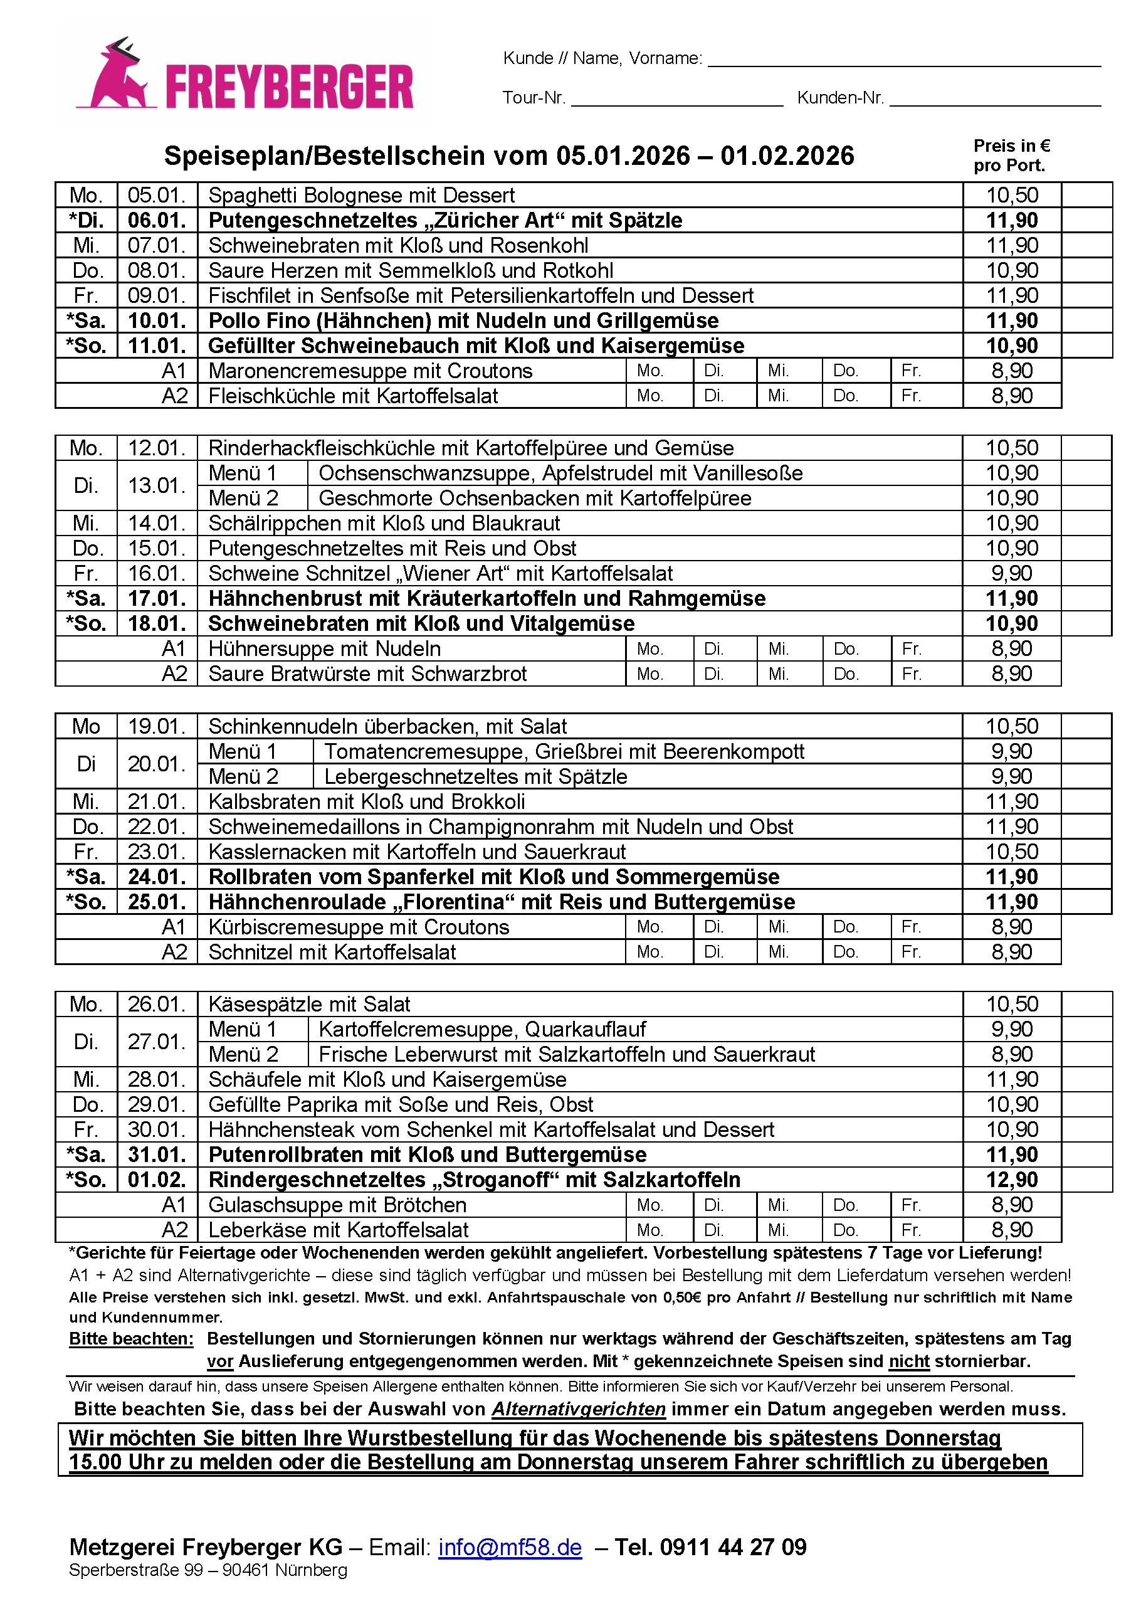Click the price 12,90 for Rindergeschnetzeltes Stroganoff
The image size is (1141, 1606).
coord(1011,1180)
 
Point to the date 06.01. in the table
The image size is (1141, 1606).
coord(157,220)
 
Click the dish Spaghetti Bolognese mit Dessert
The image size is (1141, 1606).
coord(361,196)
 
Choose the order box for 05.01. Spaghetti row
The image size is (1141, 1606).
coord(1086,196)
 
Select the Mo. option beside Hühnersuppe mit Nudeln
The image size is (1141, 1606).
coord(650,648)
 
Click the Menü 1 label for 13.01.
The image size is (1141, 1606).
coord(243,473)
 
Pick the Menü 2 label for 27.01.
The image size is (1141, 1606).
coord(243,1054)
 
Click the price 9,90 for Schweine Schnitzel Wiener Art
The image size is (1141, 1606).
coord(1011,574)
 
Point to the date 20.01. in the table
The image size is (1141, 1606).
coord(157,764)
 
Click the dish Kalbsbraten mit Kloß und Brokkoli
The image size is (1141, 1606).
coord(366,802)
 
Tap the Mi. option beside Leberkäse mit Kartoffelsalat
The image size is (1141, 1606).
coord(778,1230)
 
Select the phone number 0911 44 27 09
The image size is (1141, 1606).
coord(733,1547)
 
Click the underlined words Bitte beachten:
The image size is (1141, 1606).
coord(130,1339)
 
